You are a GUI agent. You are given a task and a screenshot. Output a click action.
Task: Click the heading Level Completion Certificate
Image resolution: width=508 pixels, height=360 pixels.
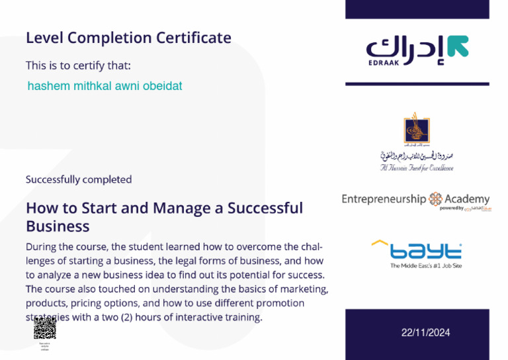coord(128,38)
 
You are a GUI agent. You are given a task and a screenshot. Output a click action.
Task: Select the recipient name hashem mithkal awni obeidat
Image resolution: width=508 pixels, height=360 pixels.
coord(105,86)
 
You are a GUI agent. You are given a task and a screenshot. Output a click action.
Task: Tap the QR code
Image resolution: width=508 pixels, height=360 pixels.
coord(45,328)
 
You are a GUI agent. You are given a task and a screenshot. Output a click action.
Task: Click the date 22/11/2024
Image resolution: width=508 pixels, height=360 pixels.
coord(425,333)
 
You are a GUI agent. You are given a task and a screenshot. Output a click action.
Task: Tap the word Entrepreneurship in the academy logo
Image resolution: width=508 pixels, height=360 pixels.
coord(384,199)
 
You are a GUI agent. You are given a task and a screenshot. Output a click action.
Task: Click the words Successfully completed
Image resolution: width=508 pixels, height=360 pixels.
coord(79,179)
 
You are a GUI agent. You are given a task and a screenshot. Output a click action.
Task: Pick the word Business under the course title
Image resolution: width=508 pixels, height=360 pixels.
coord(58,226)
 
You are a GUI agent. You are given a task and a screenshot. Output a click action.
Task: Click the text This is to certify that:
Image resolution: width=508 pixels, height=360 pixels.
coord(78,66)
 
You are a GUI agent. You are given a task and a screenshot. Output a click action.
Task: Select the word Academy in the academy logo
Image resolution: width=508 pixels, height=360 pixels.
coord(467,199)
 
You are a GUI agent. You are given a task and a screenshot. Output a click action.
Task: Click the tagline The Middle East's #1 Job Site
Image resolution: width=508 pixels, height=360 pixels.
coord(425,266)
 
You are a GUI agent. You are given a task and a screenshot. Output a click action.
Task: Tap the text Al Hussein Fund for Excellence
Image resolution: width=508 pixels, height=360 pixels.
coord(417,168)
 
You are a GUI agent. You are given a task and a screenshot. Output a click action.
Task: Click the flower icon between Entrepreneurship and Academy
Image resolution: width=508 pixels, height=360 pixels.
coord(436,199)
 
